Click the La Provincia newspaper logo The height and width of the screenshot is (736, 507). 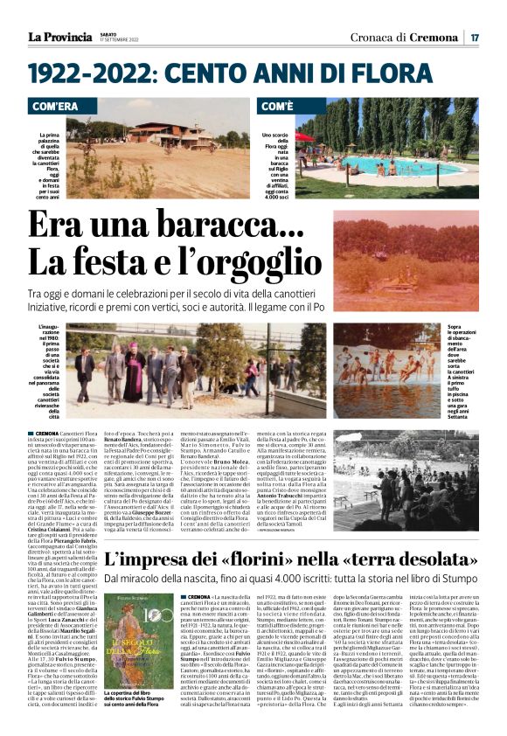point(59,37)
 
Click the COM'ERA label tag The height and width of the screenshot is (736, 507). point(60,107)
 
